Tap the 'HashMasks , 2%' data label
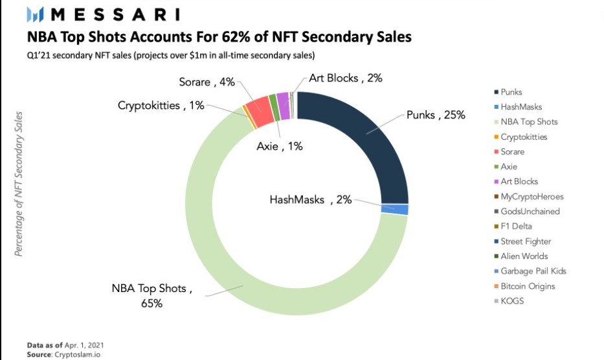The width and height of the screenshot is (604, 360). coord(311,199)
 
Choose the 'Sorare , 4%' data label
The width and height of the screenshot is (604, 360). coord(207,82)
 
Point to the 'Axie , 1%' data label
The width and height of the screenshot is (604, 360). coord(280,146)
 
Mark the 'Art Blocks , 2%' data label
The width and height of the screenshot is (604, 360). coord(346,78)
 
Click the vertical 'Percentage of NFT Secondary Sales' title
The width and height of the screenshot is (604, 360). coord(19,184)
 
